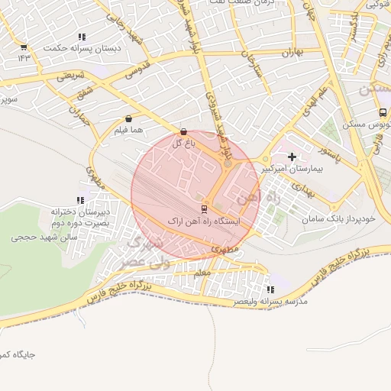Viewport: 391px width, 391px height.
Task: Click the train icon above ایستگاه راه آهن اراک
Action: (x=204, y=208)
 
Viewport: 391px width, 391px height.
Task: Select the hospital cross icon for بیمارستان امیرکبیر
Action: (x=292, y=156)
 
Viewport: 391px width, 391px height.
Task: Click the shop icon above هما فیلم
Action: (x=128, y=119)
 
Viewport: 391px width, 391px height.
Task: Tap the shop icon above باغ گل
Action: (x=183, y=131)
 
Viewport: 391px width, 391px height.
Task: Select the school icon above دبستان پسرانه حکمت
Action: (x=82, y=37)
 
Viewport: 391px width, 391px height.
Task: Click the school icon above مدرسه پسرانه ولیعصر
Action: (x=270, y=289)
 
